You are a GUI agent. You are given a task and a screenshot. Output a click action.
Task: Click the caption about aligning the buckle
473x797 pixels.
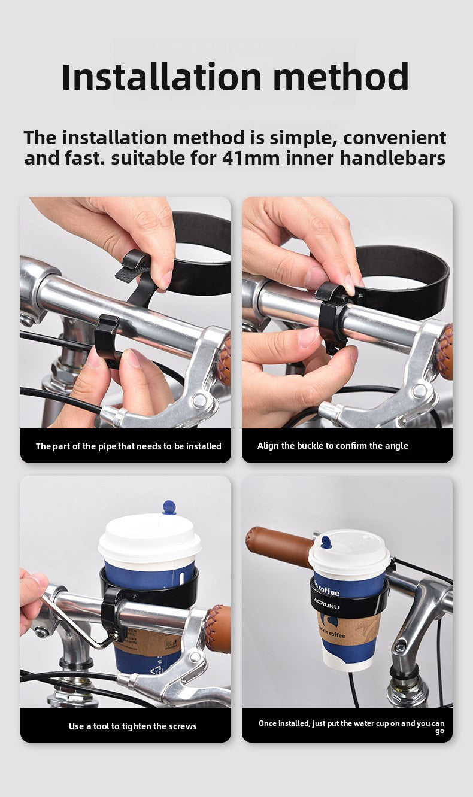(332, 446)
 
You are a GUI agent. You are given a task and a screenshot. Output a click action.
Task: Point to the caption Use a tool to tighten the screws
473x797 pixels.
(132, 726)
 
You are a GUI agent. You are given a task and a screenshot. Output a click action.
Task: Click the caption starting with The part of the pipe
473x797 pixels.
(128, 446)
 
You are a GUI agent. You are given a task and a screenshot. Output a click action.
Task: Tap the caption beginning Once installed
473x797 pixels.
(351, 727)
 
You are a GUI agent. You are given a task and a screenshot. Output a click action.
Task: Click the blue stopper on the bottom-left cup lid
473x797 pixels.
(169, 507)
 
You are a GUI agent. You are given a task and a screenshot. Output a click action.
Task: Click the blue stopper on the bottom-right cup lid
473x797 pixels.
(326, 542)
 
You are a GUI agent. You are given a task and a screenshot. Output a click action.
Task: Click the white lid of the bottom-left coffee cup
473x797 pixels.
(149, 539)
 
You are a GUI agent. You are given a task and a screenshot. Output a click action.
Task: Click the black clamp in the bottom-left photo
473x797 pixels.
(113, 613)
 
